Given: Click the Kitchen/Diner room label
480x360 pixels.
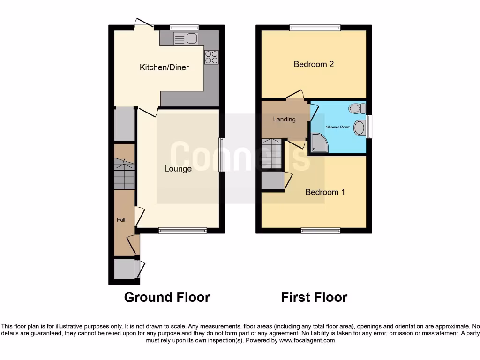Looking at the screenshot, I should tap(164, 67).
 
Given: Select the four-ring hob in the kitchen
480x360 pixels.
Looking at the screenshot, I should tap(211, 57).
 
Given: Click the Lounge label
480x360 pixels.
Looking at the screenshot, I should tap(178, 169).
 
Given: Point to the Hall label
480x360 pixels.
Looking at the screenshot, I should tap(121, 219).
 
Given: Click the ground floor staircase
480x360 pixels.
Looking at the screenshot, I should tap(124, 173).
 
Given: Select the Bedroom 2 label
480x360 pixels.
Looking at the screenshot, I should tap(314, 64).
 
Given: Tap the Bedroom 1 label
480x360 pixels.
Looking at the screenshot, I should tap(325, 192).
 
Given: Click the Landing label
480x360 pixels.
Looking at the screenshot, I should tap(285, 119).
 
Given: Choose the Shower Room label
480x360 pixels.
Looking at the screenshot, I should tap(338, 127).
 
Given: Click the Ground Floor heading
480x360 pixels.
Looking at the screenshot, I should tap(167, 297).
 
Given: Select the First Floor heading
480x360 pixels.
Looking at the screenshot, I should tap(314, 297).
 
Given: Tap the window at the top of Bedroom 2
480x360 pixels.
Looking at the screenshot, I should tap(315, 28).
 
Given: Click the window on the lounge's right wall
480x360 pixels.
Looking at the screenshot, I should tap(222, 154).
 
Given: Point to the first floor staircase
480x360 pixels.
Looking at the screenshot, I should tap(272, 154).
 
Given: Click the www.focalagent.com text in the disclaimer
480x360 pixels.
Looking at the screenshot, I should tap(307, 340).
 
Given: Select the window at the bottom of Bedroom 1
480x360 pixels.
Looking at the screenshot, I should tap(321, 230).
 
